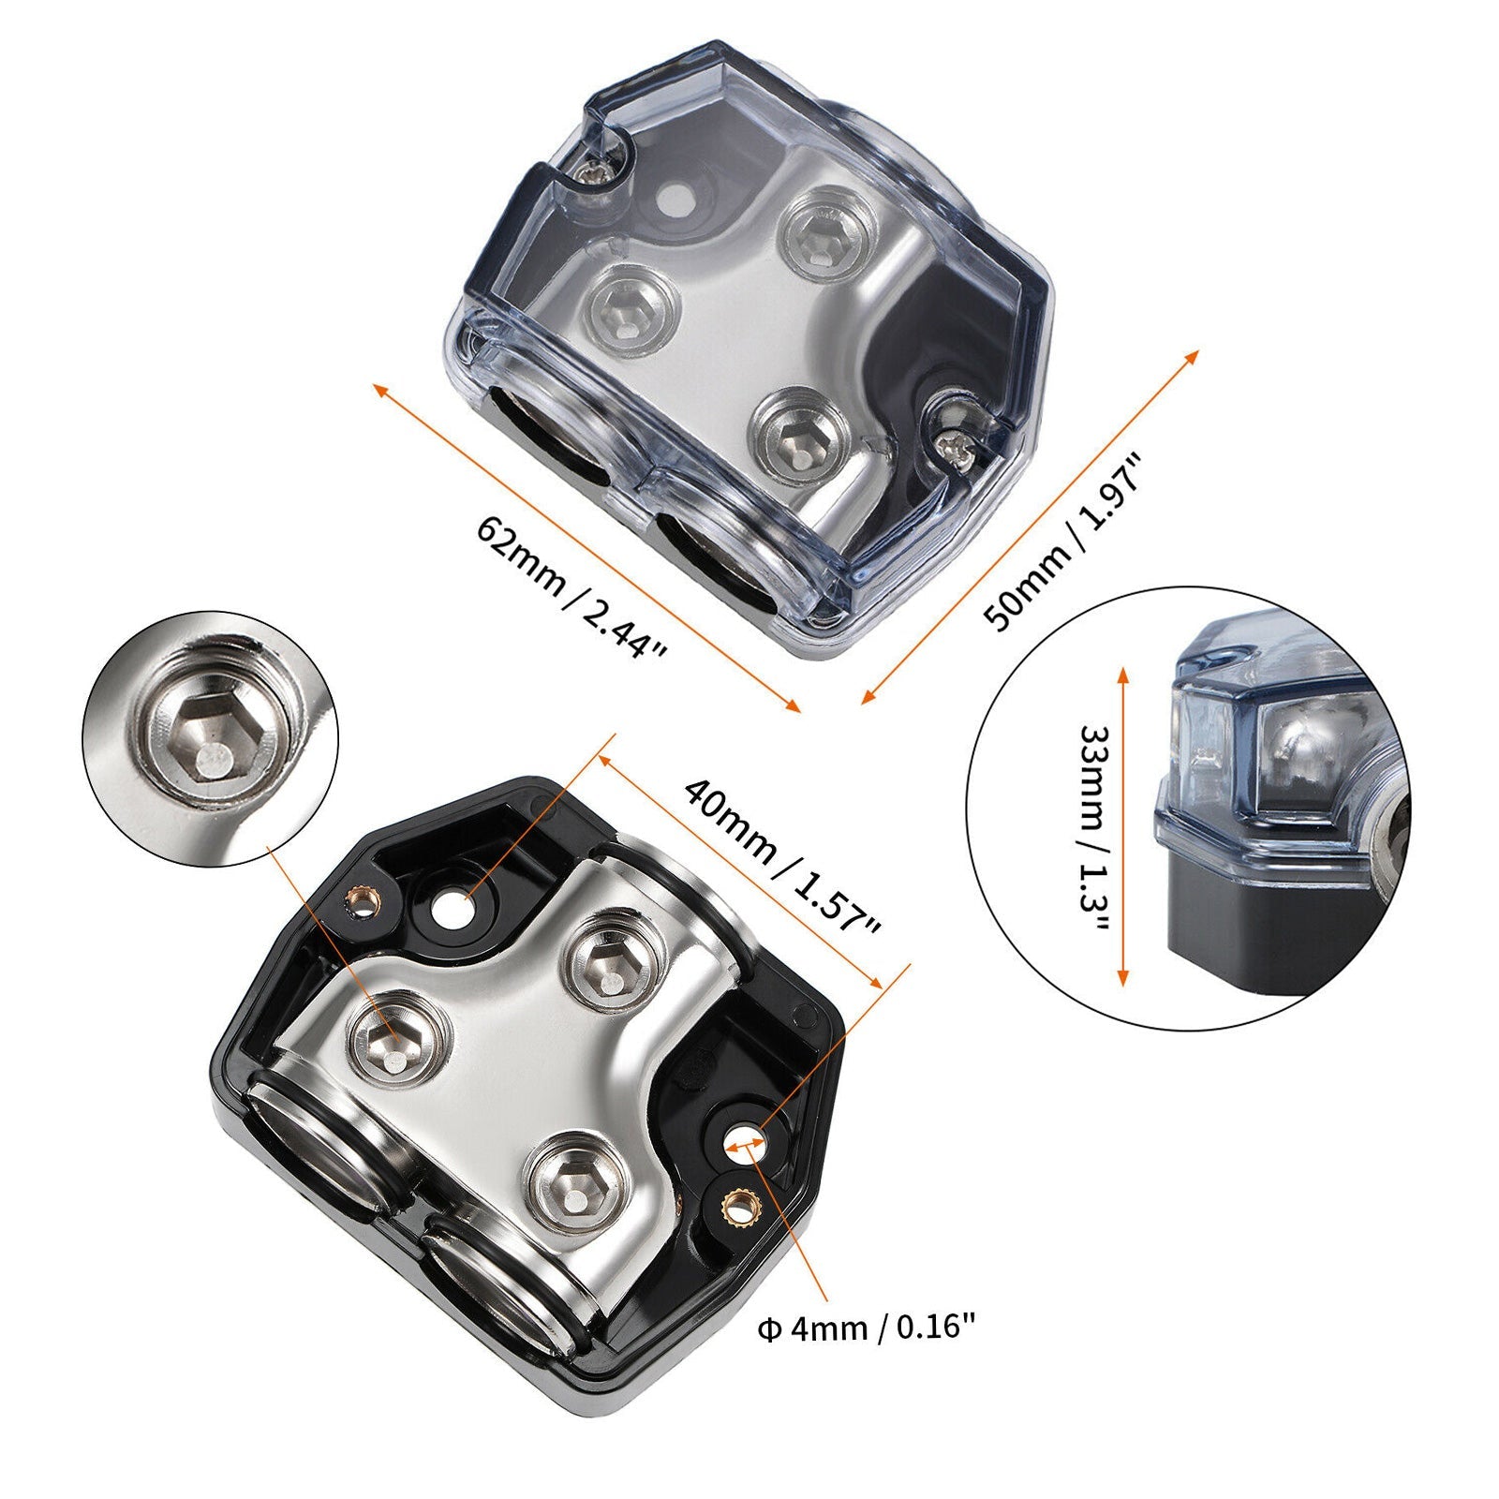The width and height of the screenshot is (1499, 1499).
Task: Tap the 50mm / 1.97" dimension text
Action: [x=1063, y=542]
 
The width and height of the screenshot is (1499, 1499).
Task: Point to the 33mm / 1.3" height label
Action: [x=1091, y=828]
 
